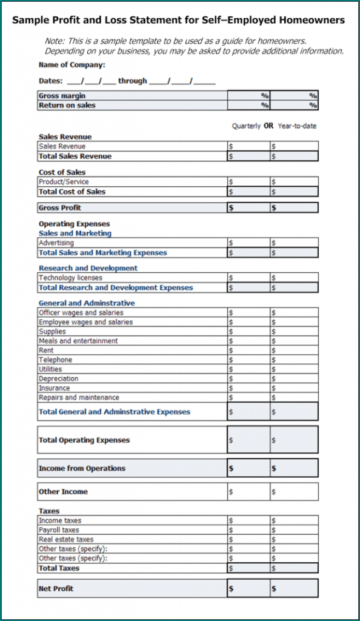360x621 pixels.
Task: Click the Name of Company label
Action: [72, 65]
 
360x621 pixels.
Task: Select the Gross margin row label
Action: [62, 96]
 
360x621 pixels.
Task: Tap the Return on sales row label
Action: [67, 105]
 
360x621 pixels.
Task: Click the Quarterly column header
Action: [247, 126]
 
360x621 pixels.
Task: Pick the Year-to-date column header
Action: [297, 126]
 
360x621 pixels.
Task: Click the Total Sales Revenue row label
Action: [75, 156]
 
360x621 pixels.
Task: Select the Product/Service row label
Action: [64, 182]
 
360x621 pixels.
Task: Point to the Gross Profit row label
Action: [59, 207]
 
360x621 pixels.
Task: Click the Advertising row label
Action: [56, 243]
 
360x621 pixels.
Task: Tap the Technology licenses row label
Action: [70, 278]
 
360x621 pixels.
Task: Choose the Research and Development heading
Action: [88, 268]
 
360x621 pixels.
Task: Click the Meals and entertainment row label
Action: [78, 341]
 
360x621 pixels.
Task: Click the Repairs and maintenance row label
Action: [79, 398]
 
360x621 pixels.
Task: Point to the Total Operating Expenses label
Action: [84, 440]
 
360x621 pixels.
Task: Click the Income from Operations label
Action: [82, 468]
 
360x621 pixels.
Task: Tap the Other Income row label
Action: [63, 491]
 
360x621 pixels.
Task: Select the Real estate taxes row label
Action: [66, 539]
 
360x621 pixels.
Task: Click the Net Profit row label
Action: [56, 588]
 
